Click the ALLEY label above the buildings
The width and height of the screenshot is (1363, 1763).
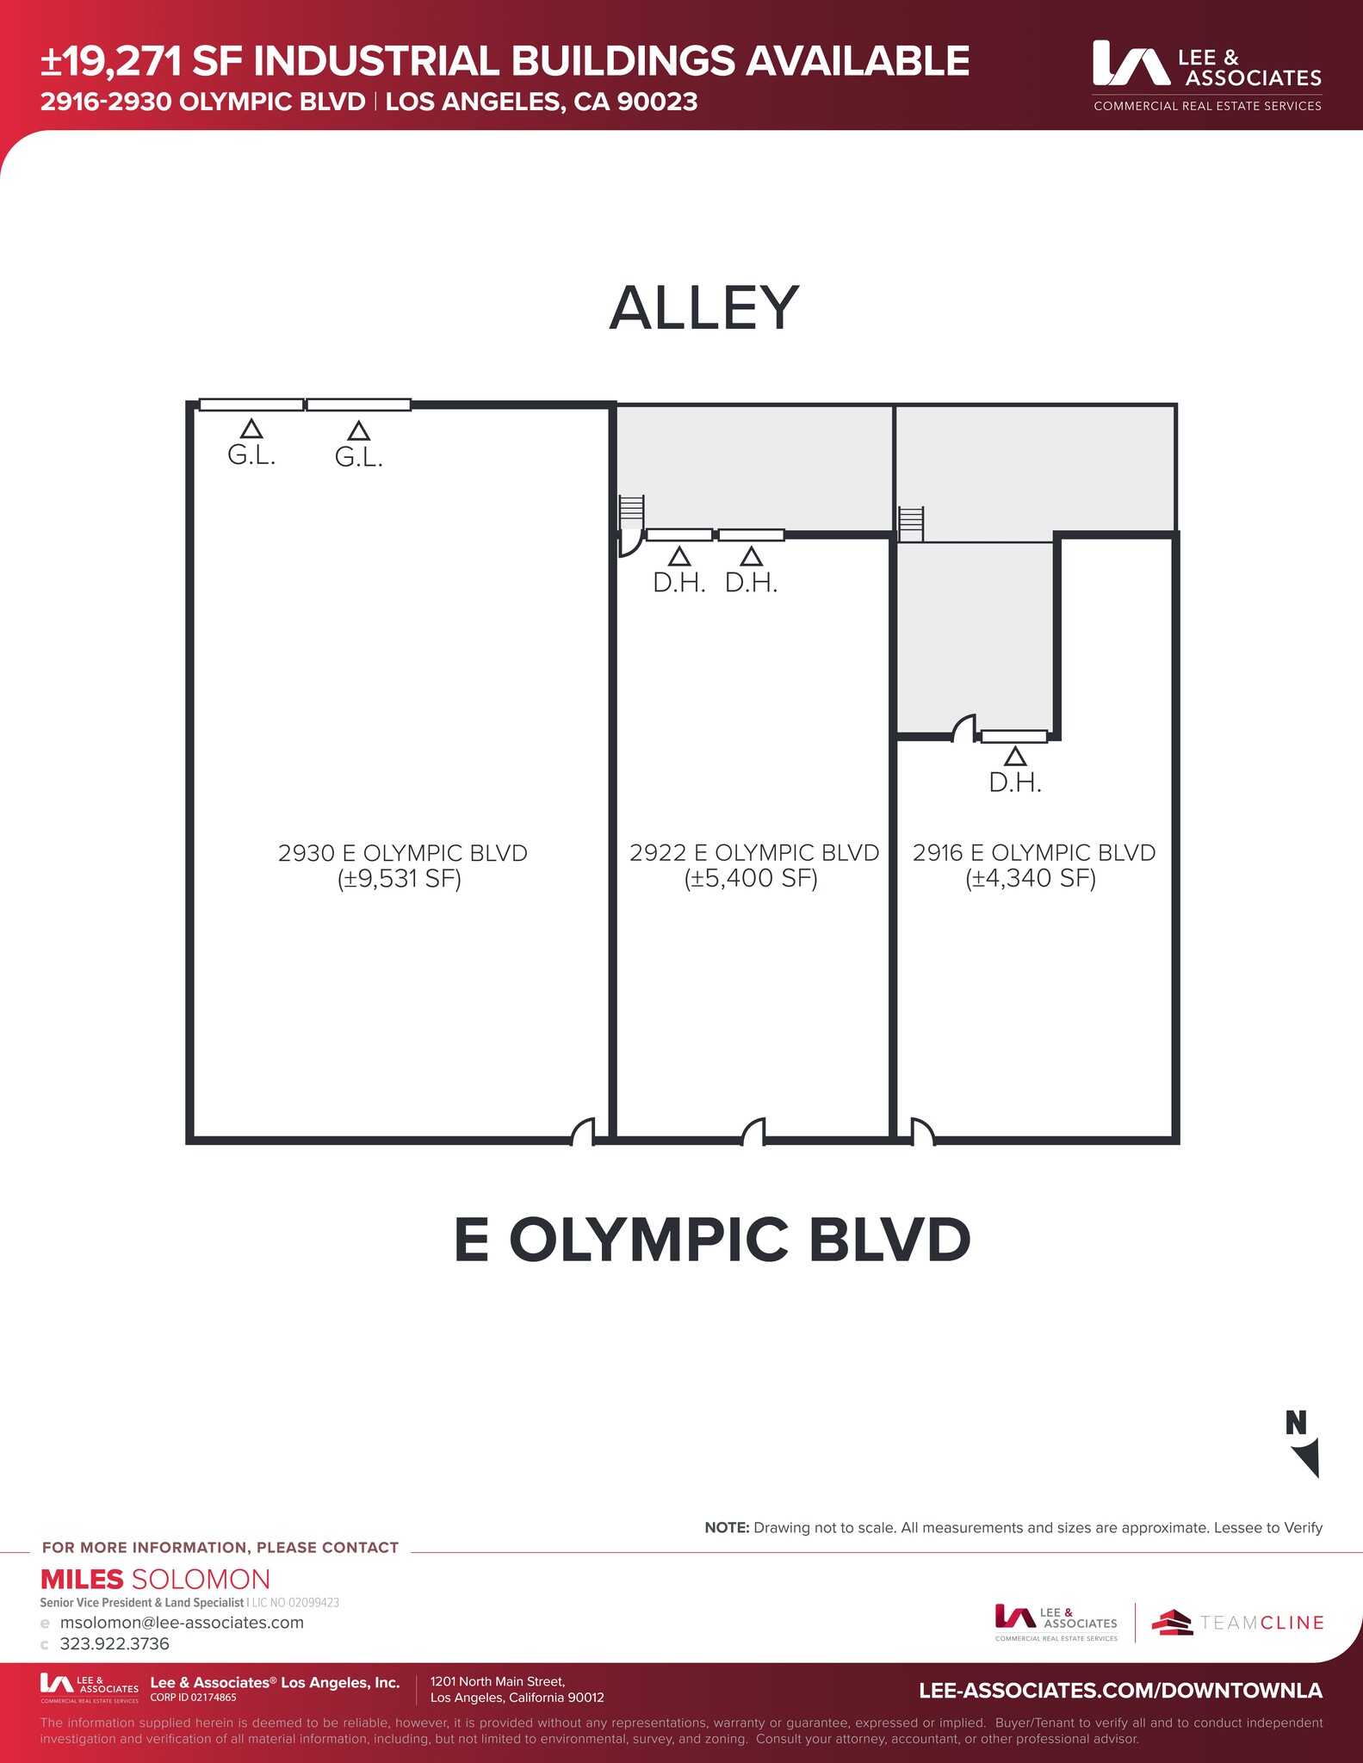pyautogui.click(x=703, y=308)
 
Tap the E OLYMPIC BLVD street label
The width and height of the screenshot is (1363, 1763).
pyautogui.click(x=712, y=1240)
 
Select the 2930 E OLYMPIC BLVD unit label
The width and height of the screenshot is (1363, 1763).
pyautogui.click(x=402, y=853)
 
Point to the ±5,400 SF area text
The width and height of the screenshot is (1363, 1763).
pyautogui.click(x=751, y=879)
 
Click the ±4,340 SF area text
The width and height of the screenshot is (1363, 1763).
pyautogui.click(x=1031, y=879)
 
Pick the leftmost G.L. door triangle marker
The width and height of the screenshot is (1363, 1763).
pyautogui.click(x=251, y=428)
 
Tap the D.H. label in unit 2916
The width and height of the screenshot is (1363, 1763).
pyautogui.click(x=1015, y=783)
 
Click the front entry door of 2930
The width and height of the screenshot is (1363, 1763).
pyautogui.click(x=583, y=1132)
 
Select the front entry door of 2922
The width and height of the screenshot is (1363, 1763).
pyautogui.click(x=753, y=1132)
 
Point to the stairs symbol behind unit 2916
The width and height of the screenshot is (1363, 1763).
pyautogui.click(x=911, y=524)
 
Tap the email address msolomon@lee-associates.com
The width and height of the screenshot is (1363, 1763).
pyautogui.click(x=182, y=1623)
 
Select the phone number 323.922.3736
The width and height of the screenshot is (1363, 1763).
pyautogui.click(x=115, y=1644)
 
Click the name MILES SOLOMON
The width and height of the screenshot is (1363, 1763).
pyautogui.click(x=156, y=1580)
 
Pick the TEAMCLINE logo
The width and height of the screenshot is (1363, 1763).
pyautogui.click(x=1237, y=1623)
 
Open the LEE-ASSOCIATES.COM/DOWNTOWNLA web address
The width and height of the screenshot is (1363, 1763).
pyautogui.click(x=1120, y=1691)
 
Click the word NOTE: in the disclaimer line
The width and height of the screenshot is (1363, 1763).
pyautogui.click(x=727, y=1528)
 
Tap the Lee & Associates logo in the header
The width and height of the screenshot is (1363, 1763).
pyautogui.click(x=1207, y=76)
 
